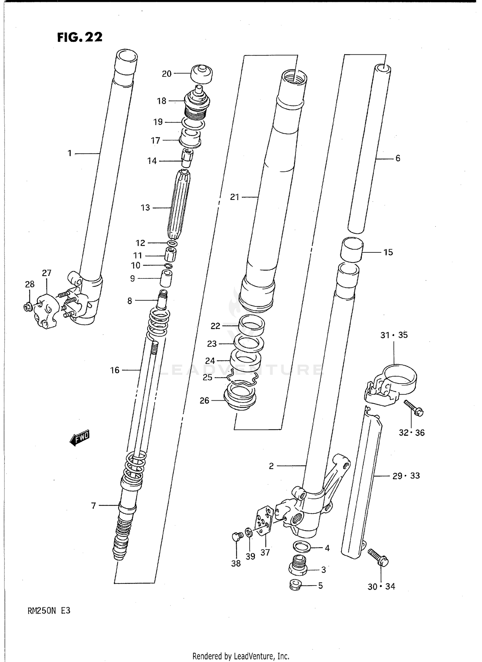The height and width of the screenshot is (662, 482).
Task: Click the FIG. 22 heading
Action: [80, 37]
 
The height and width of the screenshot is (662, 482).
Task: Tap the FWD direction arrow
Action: [79, 438]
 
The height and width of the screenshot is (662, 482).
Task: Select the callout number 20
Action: [166, 74]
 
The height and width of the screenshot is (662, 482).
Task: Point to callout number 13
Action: [145, 208]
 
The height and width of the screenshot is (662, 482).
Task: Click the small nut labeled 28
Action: [28, 307]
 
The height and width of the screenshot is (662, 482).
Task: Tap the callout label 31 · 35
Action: [394, 335]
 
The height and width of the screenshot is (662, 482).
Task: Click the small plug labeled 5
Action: [295, 585]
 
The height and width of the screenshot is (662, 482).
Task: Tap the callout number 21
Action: [235, 197]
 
